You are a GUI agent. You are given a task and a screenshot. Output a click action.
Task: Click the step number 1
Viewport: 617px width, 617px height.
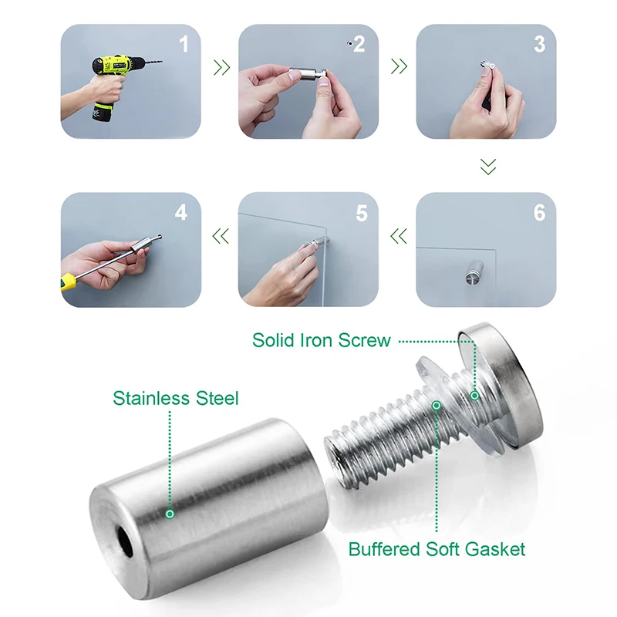(184, 44)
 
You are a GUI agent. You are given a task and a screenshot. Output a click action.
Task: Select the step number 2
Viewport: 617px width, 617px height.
(359, 44)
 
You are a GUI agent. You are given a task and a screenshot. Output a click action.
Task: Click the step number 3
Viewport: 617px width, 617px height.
(539, 44)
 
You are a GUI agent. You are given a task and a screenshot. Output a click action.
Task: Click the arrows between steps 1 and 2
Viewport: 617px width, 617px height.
(221, 68)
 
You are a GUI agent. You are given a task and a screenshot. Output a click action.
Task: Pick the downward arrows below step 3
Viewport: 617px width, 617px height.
(487, 166)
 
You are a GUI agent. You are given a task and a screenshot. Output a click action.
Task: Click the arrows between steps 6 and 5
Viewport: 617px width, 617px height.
(399, 236)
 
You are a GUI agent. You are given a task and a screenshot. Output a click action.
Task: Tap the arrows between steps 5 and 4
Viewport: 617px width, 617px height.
(221, 236)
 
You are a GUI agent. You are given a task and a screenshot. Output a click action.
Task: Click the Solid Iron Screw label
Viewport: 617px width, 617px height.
(322, 340)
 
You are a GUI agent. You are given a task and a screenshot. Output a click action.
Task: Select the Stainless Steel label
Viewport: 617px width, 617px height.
(176, 399)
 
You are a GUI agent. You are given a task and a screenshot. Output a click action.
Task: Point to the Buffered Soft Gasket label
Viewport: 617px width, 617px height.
(437, 549)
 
